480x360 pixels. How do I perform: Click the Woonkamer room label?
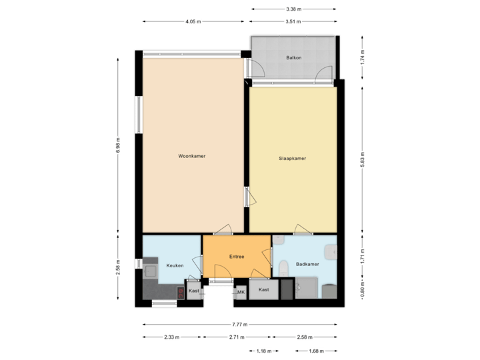pyautogui.click(x=191, y=156)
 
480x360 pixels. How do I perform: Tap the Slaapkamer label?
pyautogui.click(x=292, y=159)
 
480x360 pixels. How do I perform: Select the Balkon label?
pyautogui.click(x=294, y=58)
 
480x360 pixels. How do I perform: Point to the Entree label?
pyautogui.click(x=237, y=257)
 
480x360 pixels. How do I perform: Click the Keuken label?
pyautogui.click(x=175, y=265)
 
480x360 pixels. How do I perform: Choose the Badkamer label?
pyautogui.click(x=307, y=265)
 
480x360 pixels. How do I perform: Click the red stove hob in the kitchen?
pyautogui.click(x=181, y=292)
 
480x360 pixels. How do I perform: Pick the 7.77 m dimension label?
pyautogui.click(x=240, y=325)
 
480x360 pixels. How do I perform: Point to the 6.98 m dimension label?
pyautogui.click(x=118, y=145)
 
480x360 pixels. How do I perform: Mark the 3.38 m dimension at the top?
pyautogui.click(x=294, y=9)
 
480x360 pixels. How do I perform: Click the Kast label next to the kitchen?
pyautogui.click(x=194, y=291)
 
